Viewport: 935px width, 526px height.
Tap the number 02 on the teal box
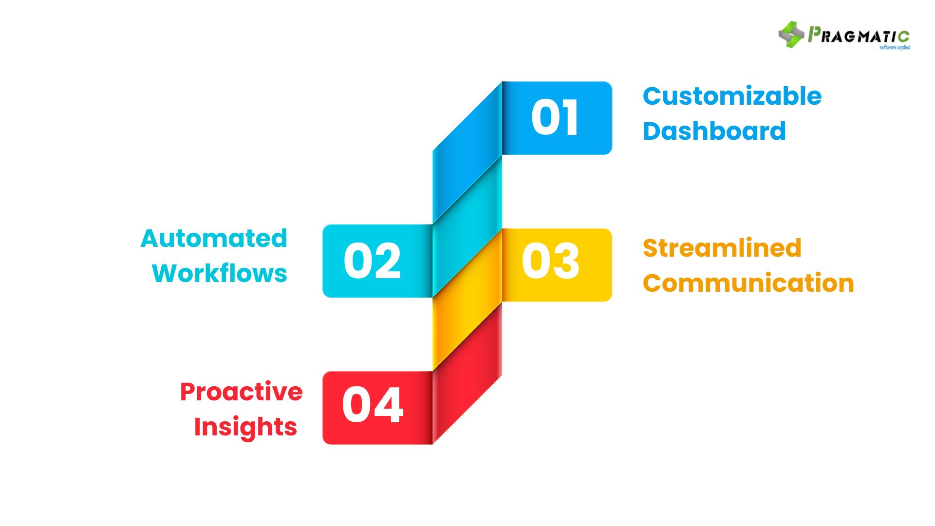(x=372, y=261)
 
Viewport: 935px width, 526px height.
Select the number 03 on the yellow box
(x=550, y=261)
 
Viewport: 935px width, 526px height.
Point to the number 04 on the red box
(x=373, y=405)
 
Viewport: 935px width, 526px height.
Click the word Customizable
(x=732, y=96)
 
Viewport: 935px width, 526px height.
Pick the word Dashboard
(x=714, y=131)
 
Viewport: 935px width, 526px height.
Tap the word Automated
(x=214, y=239)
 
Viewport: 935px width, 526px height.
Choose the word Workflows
(x=219, y=273)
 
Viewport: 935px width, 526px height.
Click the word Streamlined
(x=722, y=248)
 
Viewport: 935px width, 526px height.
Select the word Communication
(x=748, y=283)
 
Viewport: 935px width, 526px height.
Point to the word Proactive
(x=241, y=392)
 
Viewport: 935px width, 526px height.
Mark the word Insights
(x=245, y=427)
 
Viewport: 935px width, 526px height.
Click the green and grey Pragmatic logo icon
(x=791, y=35)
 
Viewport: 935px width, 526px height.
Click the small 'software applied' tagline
(x=895, y=48)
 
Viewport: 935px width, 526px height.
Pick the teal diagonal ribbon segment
(x=467, y=226)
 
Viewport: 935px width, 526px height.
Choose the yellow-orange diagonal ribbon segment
(x=467, y=300)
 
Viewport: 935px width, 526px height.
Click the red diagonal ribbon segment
(x=467, y=373)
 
